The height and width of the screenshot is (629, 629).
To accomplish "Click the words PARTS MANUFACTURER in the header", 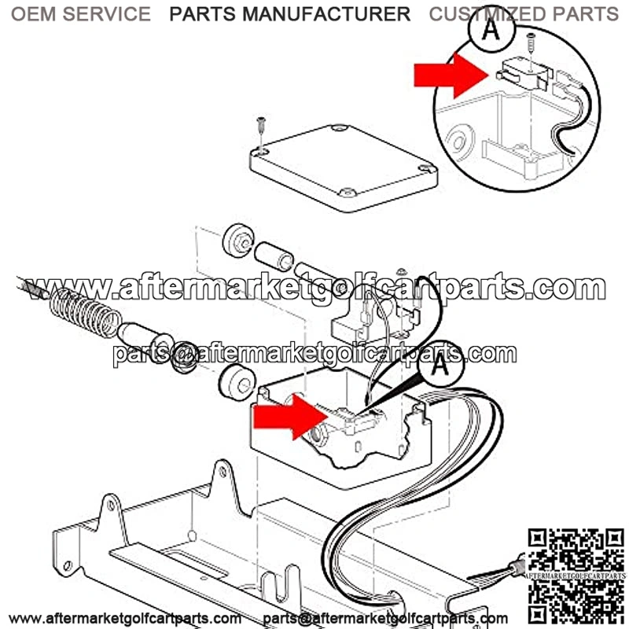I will (290, 13).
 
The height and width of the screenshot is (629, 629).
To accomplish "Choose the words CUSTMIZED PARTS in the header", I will (524, 13).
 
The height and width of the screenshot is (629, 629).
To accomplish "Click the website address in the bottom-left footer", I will (126, 618).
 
